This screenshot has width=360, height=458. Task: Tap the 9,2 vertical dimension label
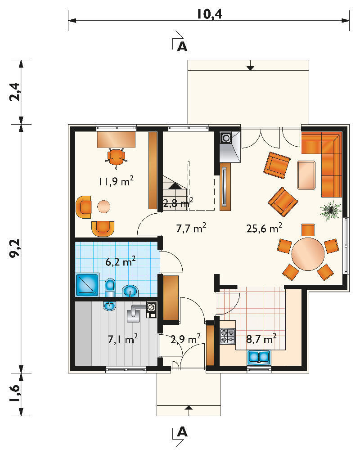click(14, 248)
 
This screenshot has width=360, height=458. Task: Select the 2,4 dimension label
click(14, 92)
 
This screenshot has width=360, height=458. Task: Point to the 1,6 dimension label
click(14, 394)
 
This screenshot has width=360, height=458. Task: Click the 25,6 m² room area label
click(264, 228)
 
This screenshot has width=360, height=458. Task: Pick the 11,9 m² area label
click(116, 181)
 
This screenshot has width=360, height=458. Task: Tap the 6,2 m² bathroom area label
click(120, 262)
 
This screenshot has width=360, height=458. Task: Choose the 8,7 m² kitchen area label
click(261, 339)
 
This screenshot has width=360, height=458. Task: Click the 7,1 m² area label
click(123, 339)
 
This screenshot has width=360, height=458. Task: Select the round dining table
click(308, 254)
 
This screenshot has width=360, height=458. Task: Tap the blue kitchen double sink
click(259, 357)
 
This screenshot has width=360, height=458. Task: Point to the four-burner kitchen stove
click(228, 336)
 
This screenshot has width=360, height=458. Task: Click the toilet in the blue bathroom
click(110, 287)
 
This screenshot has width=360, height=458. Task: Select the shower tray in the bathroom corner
click(87, 284)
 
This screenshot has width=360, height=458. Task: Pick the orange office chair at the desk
click(116, 157)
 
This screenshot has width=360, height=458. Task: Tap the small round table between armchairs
click(104, 207)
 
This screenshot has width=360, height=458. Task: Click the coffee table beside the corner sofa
click(306, 175)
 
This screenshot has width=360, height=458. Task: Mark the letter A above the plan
click(182, 47)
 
